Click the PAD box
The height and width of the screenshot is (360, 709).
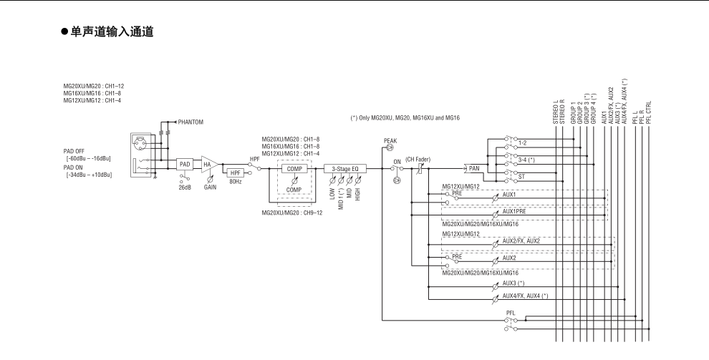pyautogui.click(x=185, y=163)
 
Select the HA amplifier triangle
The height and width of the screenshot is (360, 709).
pyautogui.click(x=210, y=163)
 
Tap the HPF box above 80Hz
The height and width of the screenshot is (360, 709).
pyautogui.click(x=235, y=173)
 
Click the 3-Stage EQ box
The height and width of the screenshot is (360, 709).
pyautogui.click(x=344, y=168)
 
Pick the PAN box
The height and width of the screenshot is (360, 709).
pyautogui.click(x=473, y=168)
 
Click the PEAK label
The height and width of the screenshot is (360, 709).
pyautogui.click(x=390, y=141)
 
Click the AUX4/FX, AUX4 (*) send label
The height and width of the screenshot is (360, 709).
pyautogui.click(x=526, y=296)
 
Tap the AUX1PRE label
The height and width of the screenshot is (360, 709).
pyautogui.click(x=515, y=213)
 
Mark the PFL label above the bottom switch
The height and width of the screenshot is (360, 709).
pyautogui.click(x=511, y=313)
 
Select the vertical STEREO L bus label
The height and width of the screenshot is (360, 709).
pyautogui.click(x=556, y=114)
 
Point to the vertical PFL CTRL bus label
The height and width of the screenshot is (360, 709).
pyautogui.click(x=649, y=112)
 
